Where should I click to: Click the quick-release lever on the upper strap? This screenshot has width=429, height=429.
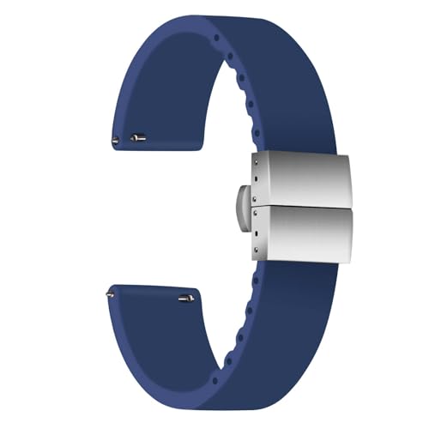tap(139, 136)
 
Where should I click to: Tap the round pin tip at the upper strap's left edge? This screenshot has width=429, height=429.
tap(115, 139)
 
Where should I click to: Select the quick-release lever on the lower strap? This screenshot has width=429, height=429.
tap(185, 298)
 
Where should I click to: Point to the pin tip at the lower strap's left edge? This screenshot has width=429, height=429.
tap(110, 294)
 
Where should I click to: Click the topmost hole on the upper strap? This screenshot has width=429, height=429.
tap(215, 39)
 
